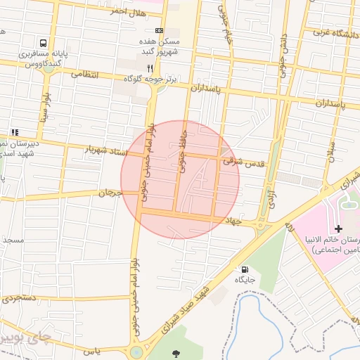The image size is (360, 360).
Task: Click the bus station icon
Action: (x=44, y=43)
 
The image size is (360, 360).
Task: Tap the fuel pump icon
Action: (x=245, y=269)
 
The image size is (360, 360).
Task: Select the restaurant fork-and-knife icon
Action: (x=150, y=68)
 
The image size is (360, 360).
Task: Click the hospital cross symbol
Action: (x=339, y=229)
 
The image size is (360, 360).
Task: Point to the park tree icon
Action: (x=175, y=352)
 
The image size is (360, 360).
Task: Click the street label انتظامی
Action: (x=84, y=75)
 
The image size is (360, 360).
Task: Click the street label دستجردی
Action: (x=19, y=300)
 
